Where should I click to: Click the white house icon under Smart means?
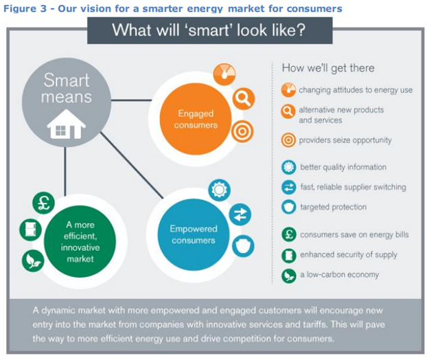[66, 124]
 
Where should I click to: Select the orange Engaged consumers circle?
[196, 119]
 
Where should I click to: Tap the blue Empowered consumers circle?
[194, 234]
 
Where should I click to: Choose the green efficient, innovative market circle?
[80, 241]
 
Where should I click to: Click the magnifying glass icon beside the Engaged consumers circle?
[244, 98]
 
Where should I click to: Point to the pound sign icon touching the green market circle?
[43, 203]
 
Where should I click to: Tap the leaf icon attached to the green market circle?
[33, 260]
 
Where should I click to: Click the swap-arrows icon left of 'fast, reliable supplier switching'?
[289, 188]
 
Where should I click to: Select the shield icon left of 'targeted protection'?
[289, 207]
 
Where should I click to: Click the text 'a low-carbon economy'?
[339, 275]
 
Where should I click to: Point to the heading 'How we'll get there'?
[328, 68]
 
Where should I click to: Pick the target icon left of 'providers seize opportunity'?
[288, 140]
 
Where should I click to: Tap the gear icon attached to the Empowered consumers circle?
[219, 190]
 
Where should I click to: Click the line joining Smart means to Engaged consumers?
[132, 100]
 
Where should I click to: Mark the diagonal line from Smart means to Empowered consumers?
[132, 165]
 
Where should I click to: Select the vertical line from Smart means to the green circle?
[65, 171]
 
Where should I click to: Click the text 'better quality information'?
[343, 167]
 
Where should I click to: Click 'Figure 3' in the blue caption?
[25, 8]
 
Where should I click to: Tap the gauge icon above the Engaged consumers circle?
[224, 74]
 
